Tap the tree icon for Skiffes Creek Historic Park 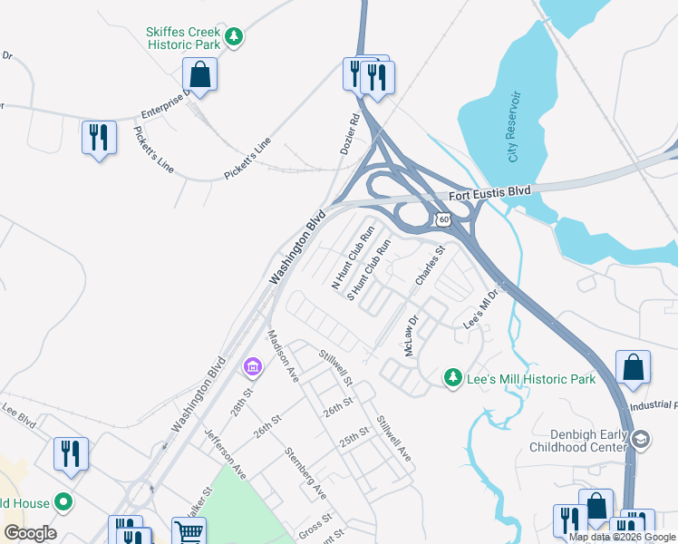[x=235, y=37]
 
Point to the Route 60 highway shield [x=442, y=219]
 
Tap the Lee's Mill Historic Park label [x=531, y=379]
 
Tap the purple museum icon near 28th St [x=252, y=367]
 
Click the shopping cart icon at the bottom [x=189, y=532]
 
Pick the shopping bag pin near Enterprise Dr [x=199, y=74]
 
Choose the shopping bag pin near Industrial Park [x=633, y=367]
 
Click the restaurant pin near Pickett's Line [x=97, y=138]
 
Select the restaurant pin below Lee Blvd [x=71, y=453]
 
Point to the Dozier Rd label [x=351, y=132]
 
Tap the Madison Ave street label [x=283, y=355]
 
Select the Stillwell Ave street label [x=394, y=438]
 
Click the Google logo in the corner [x=30, y=533]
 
